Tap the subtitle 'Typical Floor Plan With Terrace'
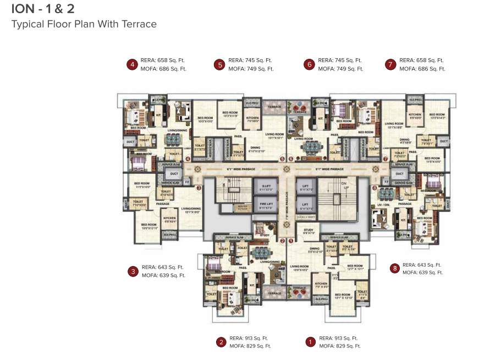click(84, 24)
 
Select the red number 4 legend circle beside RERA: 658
click(131, 65)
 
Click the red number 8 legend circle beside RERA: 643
click(394, 268)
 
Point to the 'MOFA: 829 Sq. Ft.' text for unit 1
click(339, 346)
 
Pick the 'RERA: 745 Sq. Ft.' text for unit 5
click(250, 60)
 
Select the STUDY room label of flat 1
click(308, 231)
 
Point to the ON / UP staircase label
click(345, 186)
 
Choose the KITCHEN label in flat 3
click(169, 220)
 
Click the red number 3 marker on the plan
click(199, 188)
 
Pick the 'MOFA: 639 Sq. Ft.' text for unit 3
click(163, 275)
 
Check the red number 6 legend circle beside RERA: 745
click(309, 65)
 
